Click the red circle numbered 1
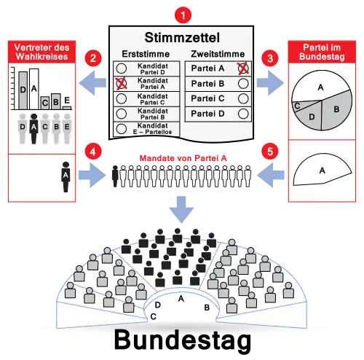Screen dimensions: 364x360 183,15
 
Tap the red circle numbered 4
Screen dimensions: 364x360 93,152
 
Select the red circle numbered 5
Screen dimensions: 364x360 270,152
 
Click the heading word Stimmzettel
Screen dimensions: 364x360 182,37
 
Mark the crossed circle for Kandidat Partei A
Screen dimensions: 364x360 121,84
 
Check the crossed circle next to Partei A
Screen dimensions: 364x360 243,69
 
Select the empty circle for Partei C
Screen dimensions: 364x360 243,98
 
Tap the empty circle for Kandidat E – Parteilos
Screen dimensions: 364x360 121,129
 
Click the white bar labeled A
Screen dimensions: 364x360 34,89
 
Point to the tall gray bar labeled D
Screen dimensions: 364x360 23,90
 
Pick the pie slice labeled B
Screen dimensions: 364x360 337,110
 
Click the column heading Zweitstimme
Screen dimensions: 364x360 218,54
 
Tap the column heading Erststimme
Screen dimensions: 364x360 146,54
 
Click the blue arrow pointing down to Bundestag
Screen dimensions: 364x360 181,210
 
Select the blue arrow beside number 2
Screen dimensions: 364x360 92,83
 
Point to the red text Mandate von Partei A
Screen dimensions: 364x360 183,158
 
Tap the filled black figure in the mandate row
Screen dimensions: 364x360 115,176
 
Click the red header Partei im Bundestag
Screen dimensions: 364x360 322,52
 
